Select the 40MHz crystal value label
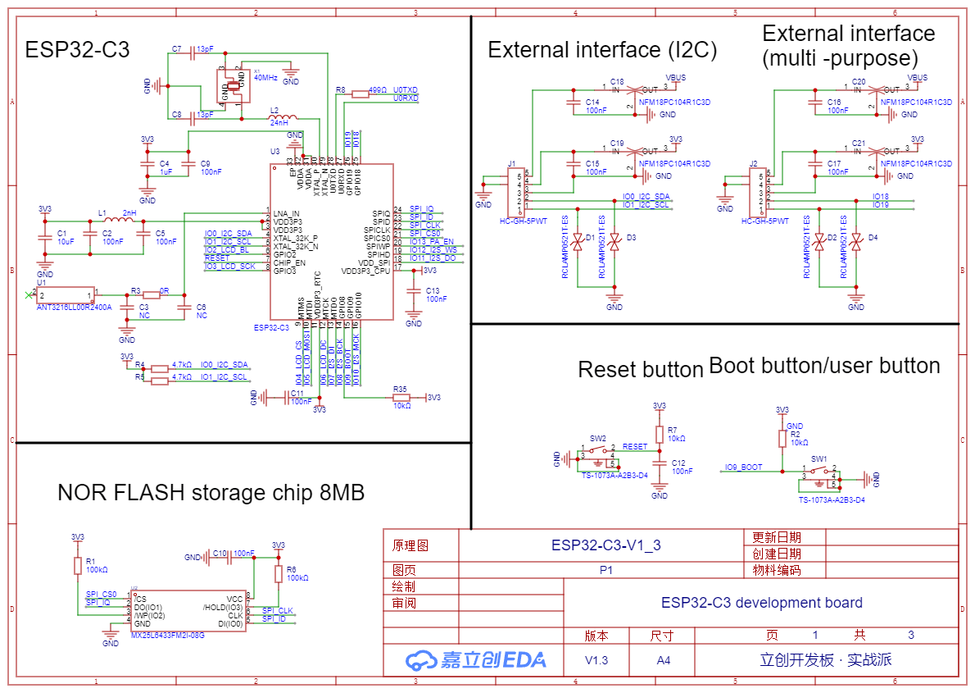[265, 78]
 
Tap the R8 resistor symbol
[361, 94]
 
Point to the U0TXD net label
[406, 89]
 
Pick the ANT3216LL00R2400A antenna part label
[74, 307]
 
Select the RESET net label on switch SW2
[634, 447]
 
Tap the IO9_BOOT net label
[743, 467]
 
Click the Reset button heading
[640, 370]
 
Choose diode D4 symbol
[855, 243]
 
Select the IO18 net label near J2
[881, 197]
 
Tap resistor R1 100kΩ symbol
[78, 565]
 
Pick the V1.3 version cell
[596, 660]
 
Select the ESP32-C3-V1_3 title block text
[605, 544]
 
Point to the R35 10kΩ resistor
[401, 397]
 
